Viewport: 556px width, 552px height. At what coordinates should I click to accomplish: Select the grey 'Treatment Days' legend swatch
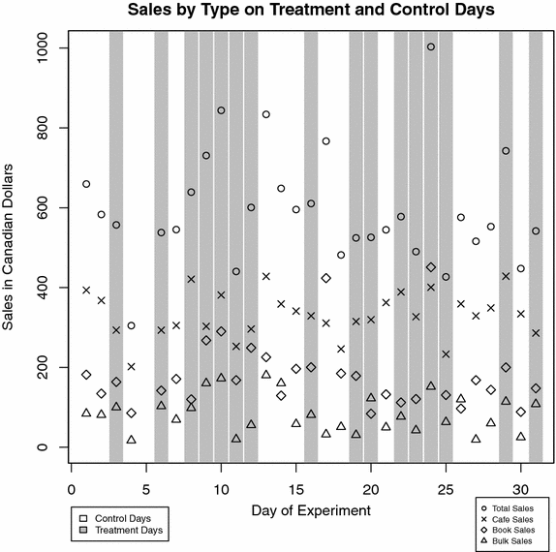point(85,531)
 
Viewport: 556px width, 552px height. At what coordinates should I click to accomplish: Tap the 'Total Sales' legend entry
point(513,506)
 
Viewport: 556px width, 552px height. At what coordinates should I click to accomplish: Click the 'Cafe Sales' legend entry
point(513,518)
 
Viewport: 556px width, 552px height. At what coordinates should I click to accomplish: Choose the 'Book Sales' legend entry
point(513,530)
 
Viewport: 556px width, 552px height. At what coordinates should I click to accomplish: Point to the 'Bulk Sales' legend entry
point(513,541)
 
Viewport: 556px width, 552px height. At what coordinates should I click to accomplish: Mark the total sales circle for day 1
point(86,184)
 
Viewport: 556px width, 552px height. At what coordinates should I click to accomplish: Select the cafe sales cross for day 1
point(86,290)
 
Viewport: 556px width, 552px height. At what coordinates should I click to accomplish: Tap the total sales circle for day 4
point(131,325)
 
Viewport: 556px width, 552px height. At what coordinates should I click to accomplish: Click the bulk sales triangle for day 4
point(131,440)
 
